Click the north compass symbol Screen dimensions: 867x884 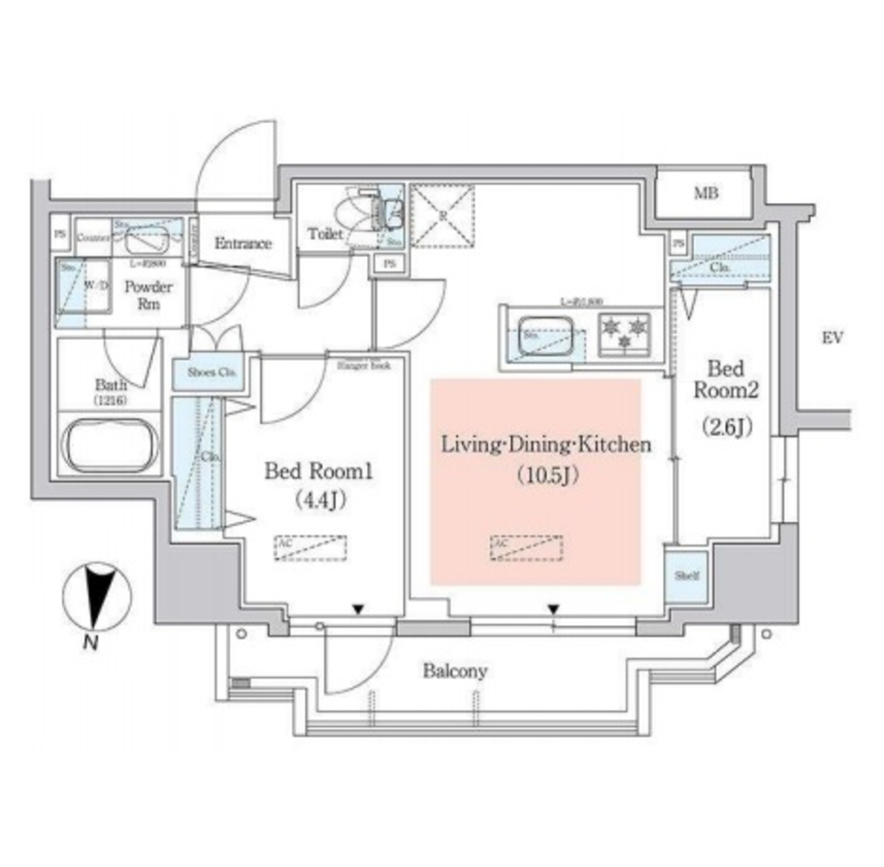(97, 597)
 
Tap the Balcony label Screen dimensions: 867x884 (454, 670)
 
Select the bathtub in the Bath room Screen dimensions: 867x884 (110, 445)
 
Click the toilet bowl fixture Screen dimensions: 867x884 (360, 215)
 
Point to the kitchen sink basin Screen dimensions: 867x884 (543, 335)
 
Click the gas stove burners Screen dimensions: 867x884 (623, 333)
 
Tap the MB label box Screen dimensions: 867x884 (706, 193)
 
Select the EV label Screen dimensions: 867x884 (831, 338)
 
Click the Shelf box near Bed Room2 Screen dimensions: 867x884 (687, 576)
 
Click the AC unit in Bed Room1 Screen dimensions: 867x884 (310, 548)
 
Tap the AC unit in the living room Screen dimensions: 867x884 (527, 548)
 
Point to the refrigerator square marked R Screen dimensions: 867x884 (442, 215)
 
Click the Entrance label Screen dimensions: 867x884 (243, 244)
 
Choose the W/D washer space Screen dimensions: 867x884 (85, 293)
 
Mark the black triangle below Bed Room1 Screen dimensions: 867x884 (357, 611)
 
